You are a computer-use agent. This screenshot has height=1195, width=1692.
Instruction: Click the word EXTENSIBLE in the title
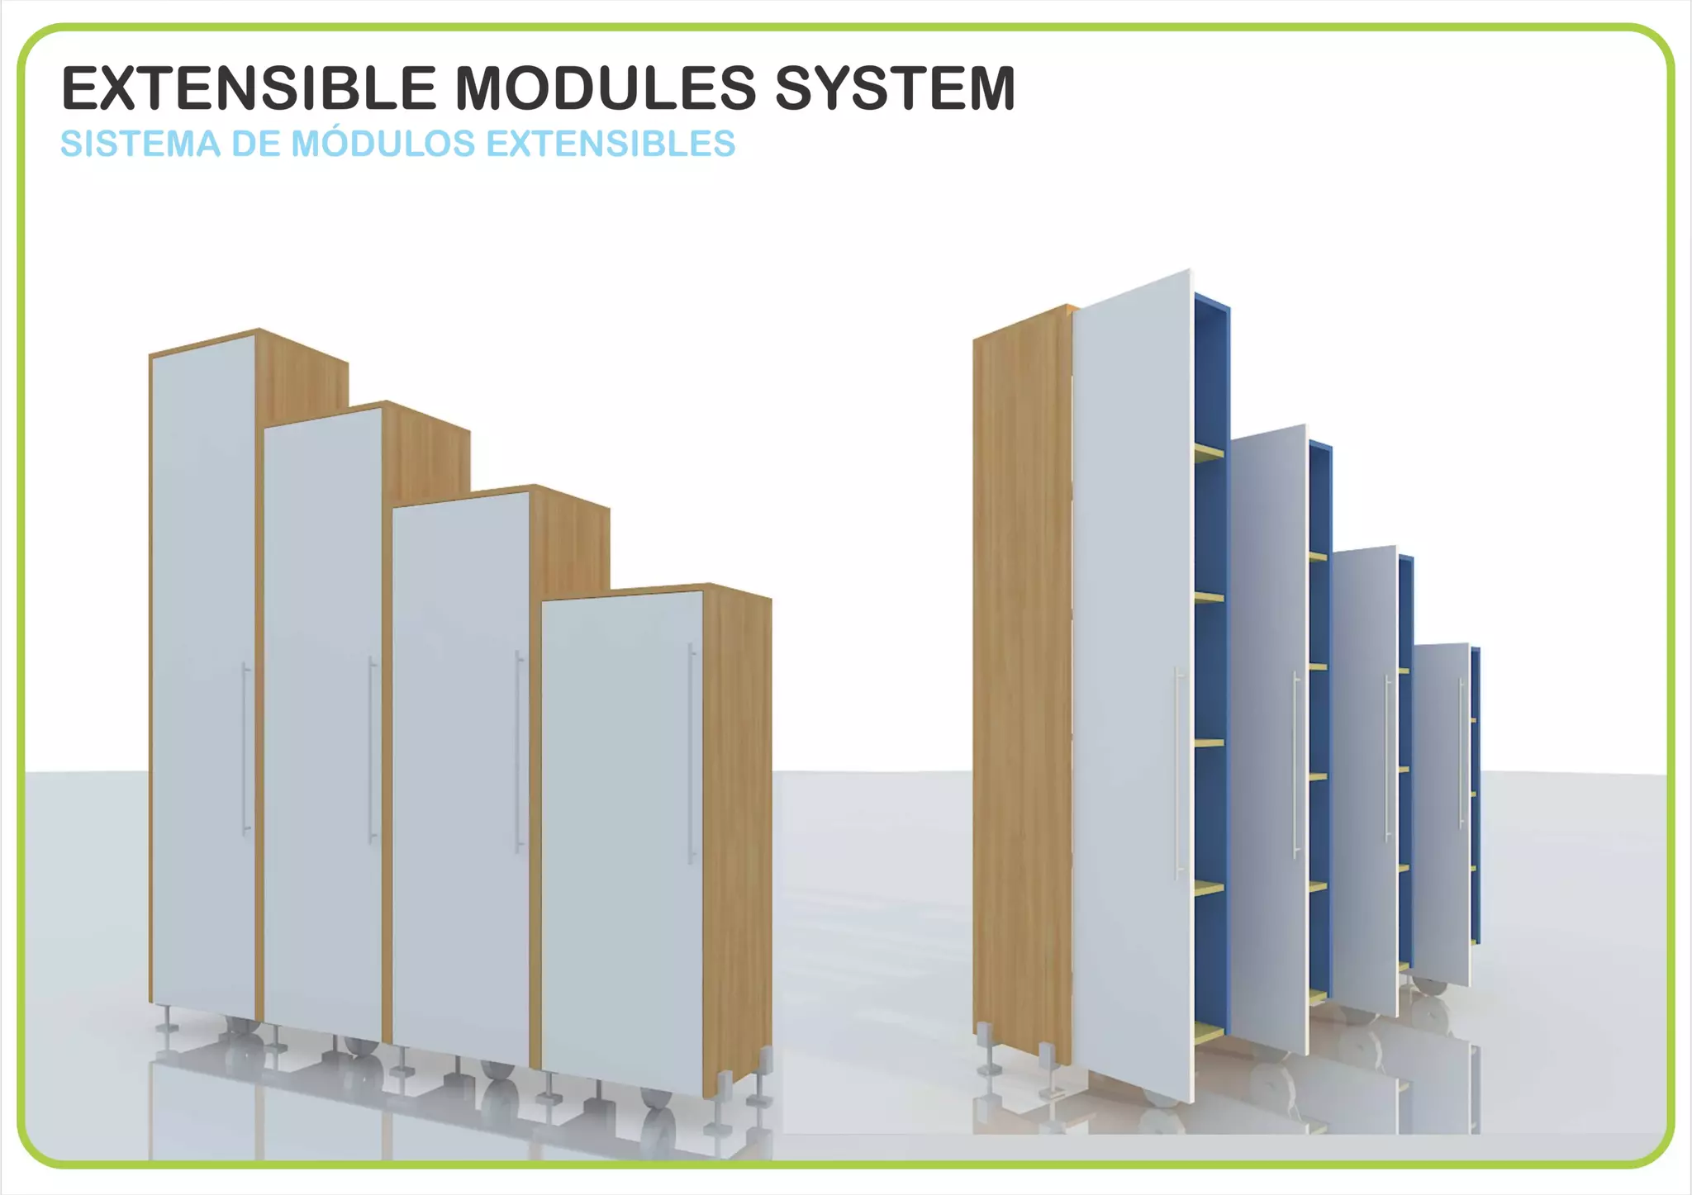248,88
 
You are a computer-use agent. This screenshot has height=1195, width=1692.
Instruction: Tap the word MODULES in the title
606,88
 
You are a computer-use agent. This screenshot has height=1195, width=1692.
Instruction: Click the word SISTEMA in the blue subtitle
140,144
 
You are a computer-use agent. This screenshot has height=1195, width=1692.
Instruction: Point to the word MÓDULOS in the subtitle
383,144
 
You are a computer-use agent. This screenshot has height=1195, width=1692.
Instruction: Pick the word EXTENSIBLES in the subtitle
611,144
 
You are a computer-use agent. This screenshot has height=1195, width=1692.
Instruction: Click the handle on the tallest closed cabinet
245,748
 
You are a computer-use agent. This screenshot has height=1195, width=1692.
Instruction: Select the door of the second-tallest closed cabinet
322,718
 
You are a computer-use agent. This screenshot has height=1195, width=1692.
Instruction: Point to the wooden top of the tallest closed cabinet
248,340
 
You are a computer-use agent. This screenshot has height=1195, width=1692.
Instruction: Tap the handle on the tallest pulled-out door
1178,772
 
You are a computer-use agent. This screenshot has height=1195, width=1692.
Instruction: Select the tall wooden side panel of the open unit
1021,685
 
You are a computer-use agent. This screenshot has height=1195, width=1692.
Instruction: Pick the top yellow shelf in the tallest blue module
1208,451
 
